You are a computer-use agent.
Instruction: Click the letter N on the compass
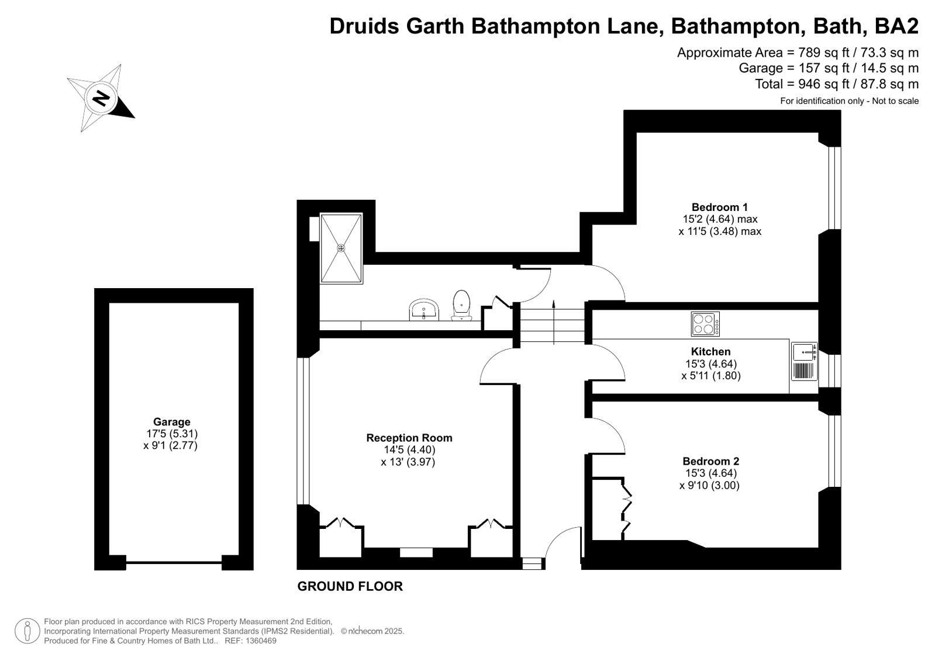click(100, 99)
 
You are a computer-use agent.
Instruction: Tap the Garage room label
click(171, 422)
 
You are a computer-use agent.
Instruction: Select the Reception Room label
click(409, 438)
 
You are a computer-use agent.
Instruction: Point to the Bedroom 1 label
click(720, 207)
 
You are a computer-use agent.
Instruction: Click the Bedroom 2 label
click(711, 461)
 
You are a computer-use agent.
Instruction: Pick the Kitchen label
click(711, 351)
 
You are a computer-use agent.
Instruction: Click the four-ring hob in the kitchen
click(705, 324)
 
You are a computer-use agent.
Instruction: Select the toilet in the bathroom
click(461, 306)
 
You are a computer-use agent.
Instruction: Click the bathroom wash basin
click(424, 309)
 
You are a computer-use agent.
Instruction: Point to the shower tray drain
click(341, 248)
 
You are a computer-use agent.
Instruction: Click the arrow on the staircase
click(554, 322)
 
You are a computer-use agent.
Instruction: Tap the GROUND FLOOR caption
click(350, 586)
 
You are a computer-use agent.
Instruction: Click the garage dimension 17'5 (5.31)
click(171, 434)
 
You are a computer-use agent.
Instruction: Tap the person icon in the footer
click(27, 631)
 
